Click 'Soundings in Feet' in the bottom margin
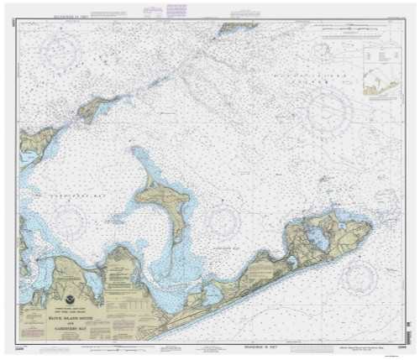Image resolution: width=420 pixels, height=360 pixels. [252, 347]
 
